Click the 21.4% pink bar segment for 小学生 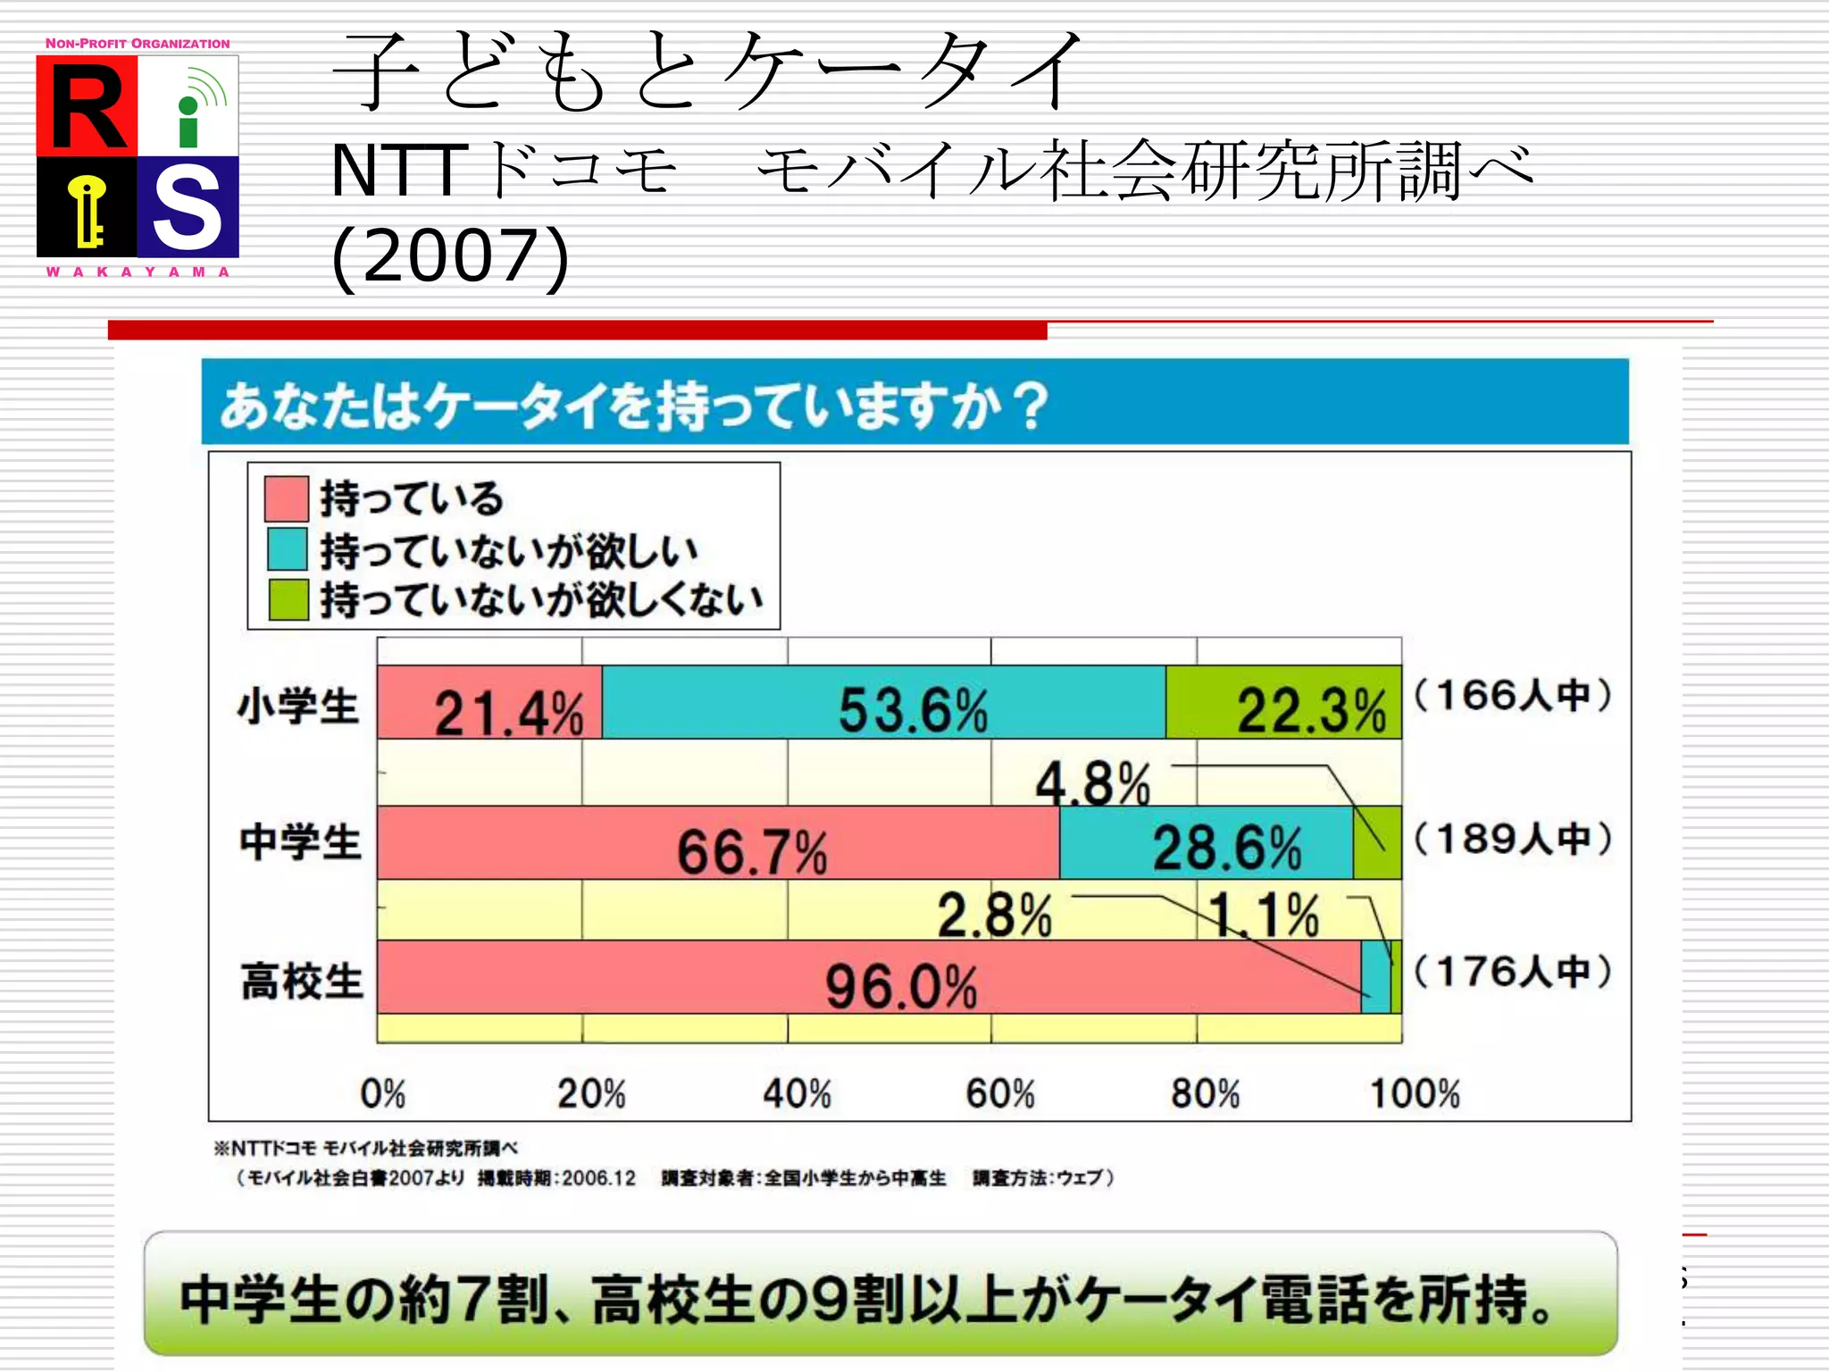[x=489, y=703]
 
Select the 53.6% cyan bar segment [x=883, y=703]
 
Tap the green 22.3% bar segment [x=1283, y=703]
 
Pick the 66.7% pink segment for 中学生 [x=718, y=843]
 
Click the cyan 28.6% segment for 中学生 [x=1206, y=843]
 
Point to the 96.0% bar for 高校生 [x=868, y=977]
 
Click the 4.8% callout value [x=1093, y=783]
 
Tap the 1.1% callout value [x=1265, y=915]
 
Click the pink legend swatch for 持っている [x=287, y=498]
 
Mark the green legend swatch [x=287, y=599]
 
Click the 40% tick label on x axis [x=797, y=1093]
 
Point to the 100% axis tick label [x=1415, y=1093]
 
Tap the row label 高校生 [x=301, y=981]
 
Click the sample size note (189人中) [x=1513, y=838]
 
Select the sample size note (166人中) [x=1513, y=695]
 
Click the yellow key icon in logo [x=88, y=209]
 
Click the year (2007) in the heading [x=450, y=256]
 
